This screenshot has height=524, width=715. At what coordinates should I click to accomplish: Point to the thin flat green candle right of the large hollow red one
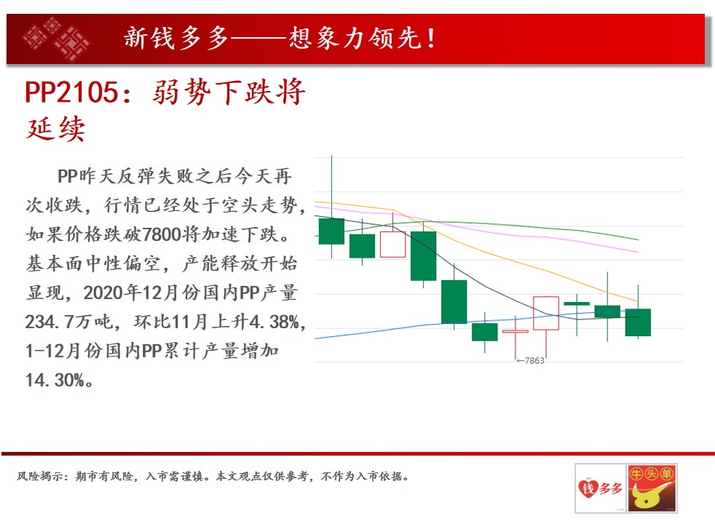[x=577, y=303]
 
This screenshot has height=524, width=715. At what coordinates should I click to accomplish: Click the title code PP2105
[x=71, y=92]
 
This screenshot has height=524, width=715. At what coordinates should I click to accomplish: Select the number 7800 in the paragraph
[x=162, y=234]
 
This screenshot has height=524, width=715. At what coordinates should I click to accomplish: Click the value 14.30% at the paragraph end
[x=55, y=380]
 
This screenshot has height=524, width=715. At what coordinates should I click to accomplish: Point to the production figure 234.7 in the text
[x=49, y=322]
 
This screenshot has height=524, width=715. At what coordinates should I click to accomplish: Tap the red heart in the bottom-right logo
[x=588, y=488]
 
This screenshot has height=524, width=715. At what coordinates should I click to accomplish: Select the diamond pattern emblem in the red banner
[x=57, y=39]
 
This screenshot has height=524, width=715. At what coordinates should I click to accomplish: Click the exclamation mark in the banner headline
[x=431, y=39]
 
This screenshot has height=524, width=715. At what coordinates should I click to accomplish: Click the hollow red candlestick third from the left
[x=392, y=245]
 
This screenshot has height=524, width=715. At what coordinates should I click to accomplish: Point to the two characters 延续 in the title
[x=55, y=129]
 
